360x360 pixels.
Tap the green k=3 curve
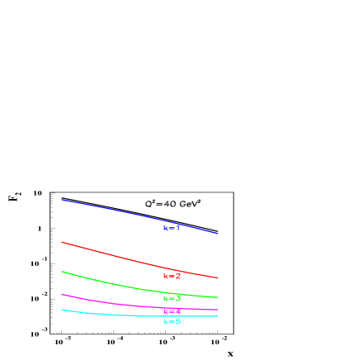(x=116, y=283)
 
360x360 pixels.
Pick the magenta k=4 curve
(x=116, y=302)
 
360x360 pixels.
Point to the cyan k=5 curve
(x=116, y=314)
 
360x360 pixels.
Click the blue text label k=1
(x=172, y=228)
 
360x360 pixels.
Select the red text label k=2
(x=172, y=276)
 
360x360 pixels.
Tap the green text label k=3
(x=172, y=298)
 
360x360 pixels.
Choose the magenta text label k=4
(x=172, y=311)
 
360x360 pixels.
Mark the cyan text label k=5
(x=172, y=321)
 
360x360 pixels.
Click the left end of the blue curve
(x=62, y=200)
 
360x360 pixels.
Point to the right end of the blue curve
(x=218, y=234)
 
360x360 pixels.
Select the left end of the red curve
(x=62, y=242)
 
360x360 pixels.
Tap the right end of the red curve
(x=218, y=278)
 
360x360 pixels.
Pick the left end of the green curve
(x=62, y=272)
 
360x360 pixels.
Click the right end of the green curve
(x=218, y=297)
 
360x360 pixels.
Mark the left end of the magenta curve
(x=62, y=295)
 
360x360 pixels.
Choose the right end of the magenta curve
(x=218, y=310)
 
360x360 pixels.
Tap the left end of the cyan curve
(x=62, y=310)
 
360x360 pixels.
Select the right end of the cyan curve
(x=218, y=316)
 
